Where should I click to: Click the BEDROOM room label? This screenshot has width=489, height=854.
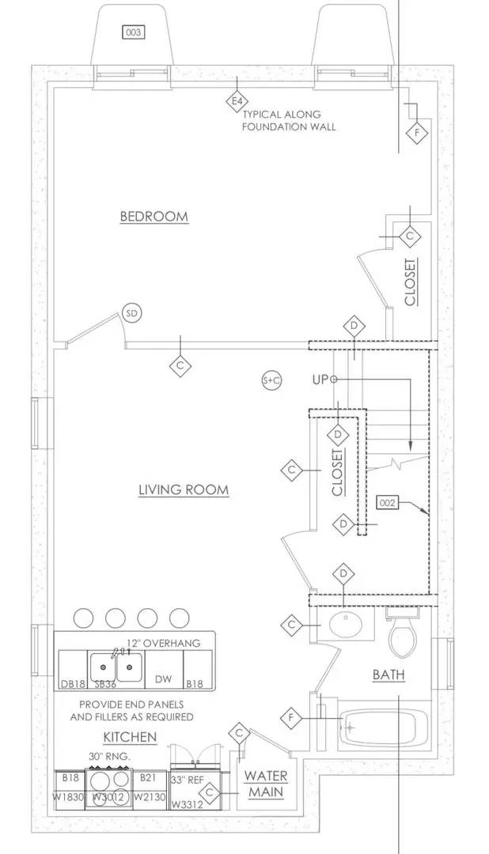pyautogui.click(x=154, y=217)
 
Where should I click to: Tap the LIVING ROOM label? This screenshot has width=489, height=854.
pyautogui.click(x=184, y=490)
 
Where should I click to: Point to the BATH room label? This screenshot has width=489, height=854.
pyautogui.click(x=389, y=675)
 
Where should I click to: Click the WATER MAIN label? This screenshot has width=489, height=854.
pyautogui.click(x=265, y=784)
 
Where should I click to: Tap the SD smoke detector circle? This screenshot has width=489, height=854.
pyautogui.click(x=132, y=314)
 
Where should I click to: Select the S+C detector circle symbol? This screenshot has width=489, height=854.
pyautogui.click(x=271, y=380)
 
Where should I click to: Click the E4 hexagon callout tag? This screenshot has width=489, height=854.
pyautogui.click(x=235, y=100)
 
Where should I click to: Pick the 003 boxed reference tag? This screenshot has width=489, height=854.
pyautogui.click(x=133, y=32)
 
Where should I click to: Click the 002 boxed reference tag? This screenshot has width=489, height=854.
pyautogui.click(x=387, y=502)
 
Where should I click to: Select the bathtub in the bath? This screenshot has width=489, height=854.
pyautogui.click(x=383, y=726)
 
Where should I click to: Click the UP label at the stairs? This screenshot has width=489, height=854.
pyautogui.click(x=320, y=380)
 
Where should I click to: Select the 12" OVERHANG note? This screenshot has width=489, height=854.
pyautogui.click(x=164, y=643)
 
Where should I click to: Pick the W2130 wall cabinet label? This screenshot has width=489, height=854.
pyautogui.click(x=148, y=797)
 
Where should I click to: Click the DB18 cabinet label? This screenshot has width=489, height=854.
pyautogui.click(x=72, y=684)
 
